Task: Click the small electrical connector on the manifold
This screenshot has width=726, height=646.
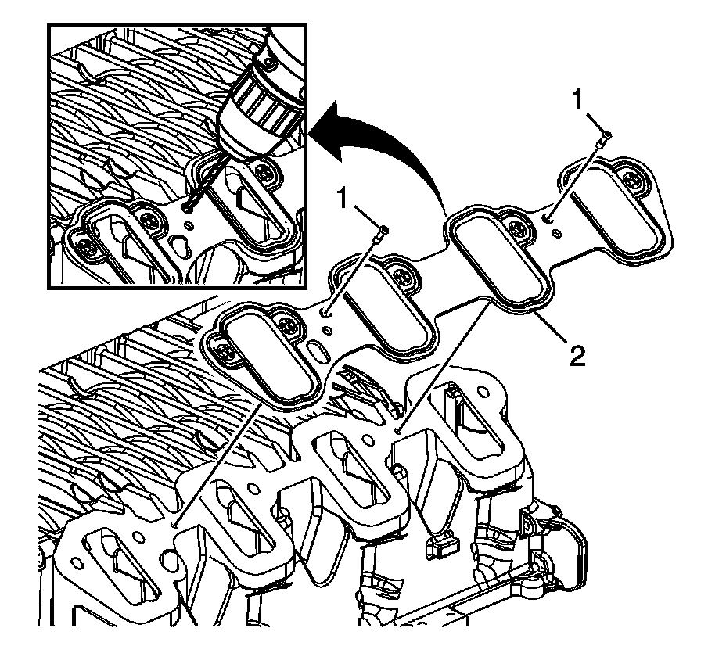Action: [439, 547]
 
